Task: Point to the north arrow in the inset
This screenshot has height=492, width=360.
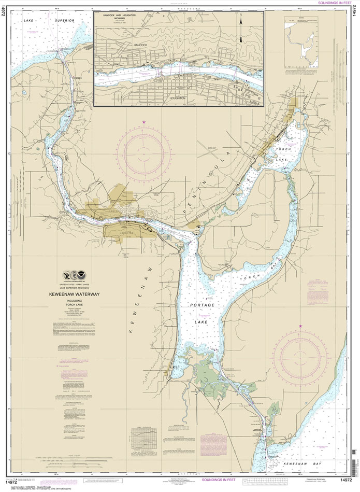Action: [x=241, y=31]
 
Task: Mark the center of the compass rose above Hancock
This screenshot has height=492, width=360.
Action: [x=143, y=152]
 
